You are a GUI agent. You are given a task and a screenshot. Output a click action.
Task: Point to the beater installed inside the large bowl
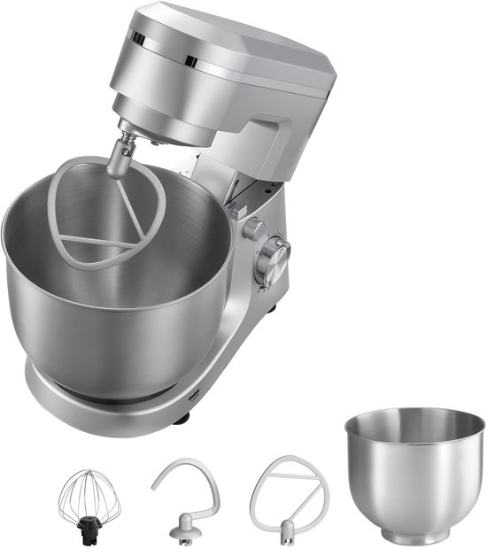pyautogui.click(x=106, y=213)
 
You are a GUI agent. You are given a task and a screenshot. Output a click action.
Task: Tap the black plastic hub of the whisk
pyautogui.click(x=89, y=528)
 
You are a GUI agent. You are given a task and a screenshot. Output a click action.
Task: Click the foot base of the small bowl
pyautogui.click(x=414, y=535)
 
